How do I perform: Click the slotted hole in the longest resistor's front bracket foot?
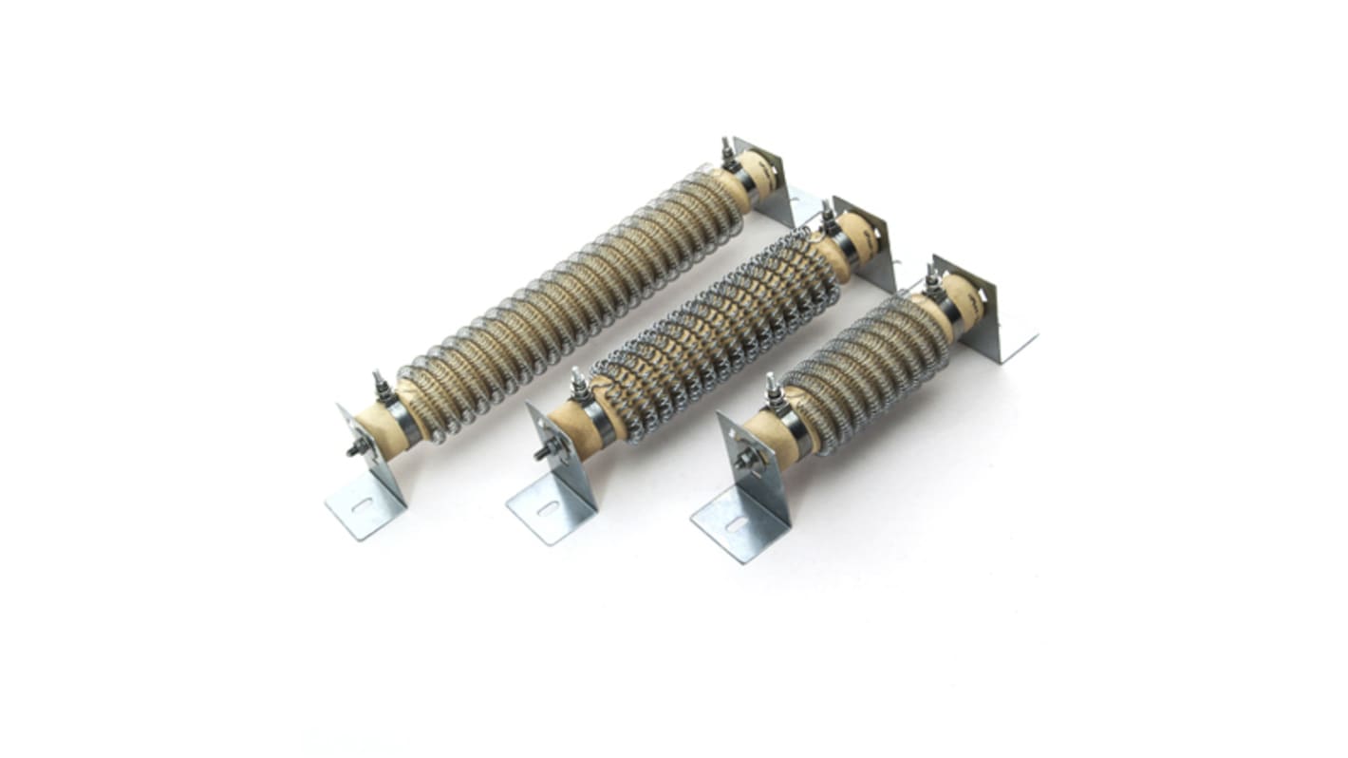click(x=362, y=505)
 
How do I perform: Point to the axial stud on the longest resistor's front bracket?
click(x=356, y=449)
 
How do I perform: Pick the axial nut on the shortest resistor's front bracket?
click(x=741, y=462)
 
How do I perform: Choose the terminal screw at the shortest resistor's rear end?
click(x=931, y=278)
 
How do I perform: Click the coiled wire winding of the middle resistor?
click(x=712, y=323)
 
